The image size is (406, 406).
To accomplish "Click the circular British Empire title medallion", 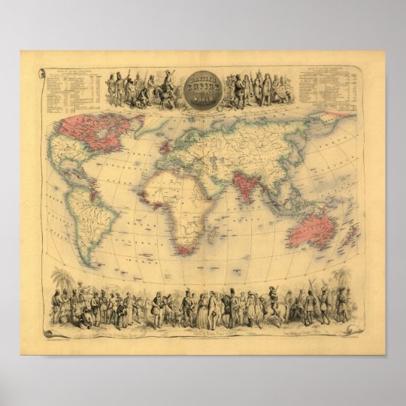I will [x=202, y=89].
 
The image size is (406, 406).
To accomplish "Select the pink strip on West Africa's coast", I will [x=150, y=197].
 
